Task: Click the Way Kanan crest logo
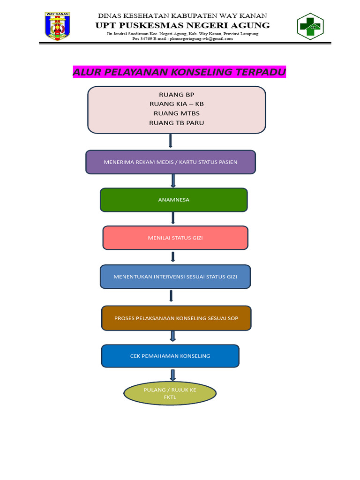(x=57, y=25)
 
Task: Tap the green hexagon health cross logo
(x=310, y=26)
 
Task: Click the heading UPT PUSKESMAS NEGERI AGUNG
(x=183, y=25)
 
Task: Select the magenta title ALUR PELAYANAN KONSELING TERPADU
(x=179, y=72)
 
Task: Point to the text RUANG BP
(x=176, y=95)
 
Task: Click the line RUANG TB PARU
(x=176, y=123)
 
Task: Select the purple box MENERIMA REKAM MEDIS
(x=171, y=162)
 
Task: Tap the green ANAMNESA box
(x=173, y=200)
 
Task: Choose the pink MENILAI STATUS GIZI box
(x=175, y=238)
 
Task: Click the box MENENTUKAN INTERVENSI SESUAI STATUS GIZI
(x=175, y=277)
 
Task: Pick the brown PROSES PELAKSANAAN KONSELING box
(x=176, y=318)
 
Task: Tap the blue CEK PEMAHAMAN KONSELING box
(x=170, y=356)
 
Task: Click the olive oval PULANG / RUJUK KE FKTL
(x=170, y=393)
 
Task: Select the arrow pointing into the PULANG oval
(x=172, y=375)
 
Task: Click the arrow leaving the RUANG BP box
(x=170, y=141)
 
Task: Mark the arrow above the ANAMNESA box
(x=173, y=180)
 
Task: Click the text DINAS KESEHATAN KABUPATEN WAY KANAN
(x=182, y=15)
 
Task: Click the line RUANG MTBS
(x=176, y=113)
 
